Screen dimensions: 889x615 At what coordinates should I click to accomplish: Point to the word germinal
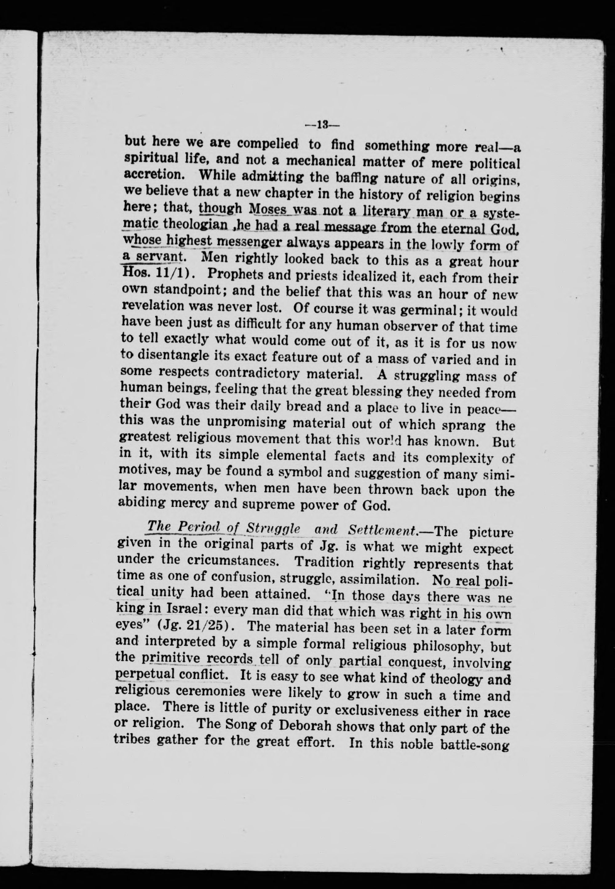pyautogui.click(x=434, y=309)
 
